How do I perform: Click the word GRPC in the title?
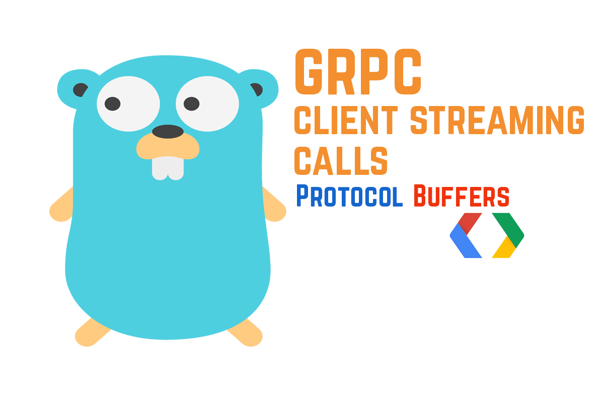click(x=358, y=72)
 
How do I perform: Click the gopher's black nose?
click(x=168, y=132)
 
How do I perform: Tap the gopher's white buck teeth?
click(x=168, y=168)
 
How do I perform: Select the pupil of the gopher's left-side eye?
click(x=112, y=104)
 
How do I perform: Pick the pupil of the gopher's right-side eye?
click(x=192, y=104)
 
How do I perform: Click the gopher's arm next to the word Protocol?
click(x=275, y=207)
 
